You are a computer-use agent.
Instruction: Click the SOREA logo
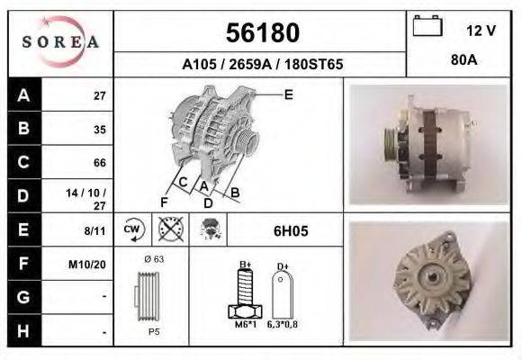tap(60, 41)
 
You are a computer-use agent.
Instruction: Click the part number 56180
tap(261, 33)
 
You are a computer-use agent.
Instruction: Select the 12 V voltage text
tap(481, 30)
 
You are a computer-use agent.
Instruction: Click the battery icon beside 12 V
tap(426, 27)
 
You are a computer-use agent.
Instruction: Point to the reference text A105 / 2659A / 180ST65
tap(262, 66)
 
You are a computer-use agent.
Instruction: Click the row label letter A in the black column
tap(23, 95)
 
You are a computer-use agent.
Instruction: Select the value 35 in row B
tap(99, 129)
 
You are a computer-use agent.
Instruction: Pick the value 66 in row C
tap(99, 163)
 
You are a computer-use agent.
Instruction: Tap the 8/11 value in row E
tap(94, 230)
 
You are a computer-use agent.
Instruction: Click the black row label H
tap(23, 331)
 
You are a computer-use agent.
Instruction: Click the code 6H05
tap(290, 231)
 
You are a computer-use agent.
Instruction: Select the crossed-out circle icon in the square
tap(167, 229)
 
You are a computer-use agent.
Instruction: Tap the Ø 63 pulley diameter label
tap(153, 260)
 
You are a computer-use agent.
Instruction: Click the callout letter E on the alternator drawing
tap(288, 94)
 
